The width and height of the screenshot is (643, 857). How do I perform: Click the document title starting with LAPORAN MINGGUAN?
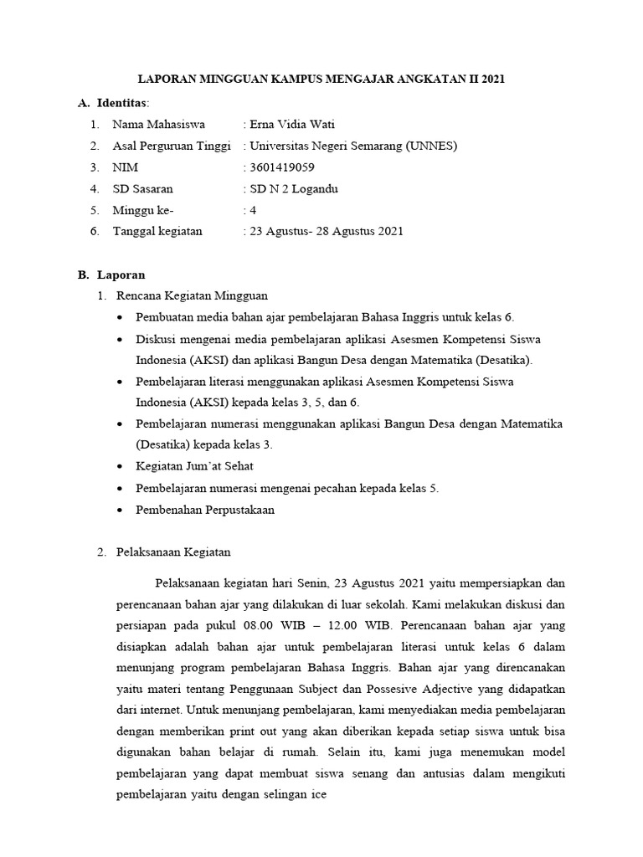(321, 80)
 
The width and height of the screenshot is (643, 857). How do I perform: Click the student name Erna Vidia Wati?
(288, 125)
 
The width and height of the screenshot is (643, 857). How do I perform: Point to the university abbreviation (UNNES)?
(431, 146)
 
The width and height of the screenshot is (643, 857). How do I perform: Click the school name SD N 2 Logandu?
(290, 189)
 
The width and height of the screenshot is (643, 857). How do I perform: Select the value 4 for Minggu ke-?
(252, 210)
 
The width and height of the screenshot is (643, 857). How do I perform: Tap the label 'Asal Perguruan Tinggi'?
(172, 146)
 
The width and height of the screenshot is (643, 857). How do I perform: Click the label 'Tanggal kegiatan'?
(157, 231)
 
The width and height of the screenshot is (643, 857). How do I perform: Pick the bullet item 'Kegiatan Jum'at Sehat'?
(194, 466)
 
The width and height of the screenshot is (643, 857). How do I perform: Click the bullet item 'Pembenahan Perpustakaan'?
(204, 509)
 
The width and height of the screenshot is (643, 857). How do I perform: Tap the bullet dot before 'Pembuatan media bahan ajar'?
(123, 318)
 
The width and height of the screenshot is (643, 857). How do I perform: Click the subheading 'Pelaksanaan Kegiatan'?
(172, 552)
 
